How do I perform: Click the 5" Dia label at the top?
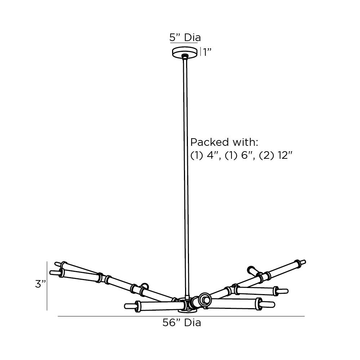click(x=185, y=37)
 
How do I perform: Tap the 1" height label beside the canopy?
click(x=206, y=52)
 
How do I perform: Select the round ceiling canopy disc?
click(x=185, y=53)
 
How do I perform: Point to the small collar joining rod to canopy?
click(x=185, y=56)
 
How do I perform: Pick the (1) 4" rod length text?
click(x=204, y=156)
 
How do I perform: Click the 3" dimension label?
click(x=40, y=284)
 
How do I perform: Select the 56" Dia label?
click(x=181, y=323)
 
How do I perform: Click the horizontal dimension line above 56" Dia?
click(x=181, y=316)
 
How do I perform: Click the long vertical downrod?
click(x=185, y=180)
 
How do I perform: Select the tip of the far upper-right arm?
click(x=303, y=261)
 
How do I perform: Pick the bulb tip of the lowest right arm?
click(x=270, y=304)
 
